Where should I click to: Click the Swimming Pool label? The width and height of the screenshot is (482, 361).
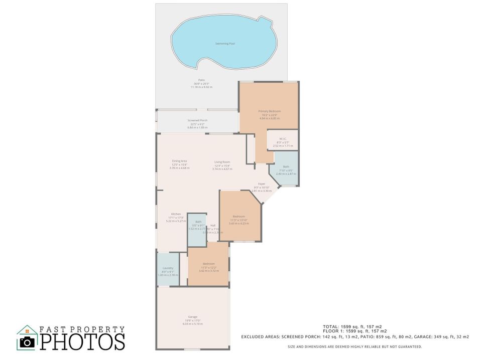click(225, 44)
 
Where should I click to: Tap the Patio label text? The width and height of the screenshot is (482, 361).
click(201, 80)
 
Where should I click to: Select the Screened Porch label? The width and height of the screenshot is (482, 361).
click(197, 120)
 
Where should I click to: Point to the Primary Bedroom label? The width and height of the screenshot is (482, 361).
click(269, 111)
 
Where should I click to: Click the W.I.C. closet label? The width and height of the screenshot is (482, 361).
click(283, 142)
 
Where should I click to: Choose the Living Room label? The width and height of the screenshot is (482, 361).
click(222, 162)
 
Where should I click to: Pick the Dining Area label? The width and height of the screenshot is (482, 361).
click(179, 161)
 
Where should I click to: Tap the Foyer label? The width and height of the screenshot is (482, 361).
click(262, 184)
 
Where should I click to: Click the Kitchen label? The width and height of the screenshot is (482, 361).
click(176, 214)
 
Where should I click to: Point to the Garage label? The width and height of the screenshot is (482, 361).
click(192, 317)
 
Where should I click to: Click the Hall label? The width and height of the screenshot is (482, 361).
click(213, 226)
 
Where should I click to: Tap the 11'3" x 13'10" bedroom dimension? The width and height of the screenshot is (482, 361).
click(238, 220)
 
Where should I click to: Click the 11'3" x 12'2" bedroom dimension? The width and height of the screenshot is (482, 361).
click(209, 267)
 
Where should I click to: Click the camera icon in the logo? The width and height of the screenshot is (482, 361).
click(28, 342)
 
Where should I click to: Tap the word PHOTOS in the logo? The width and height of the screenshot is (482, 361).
click(82, 342)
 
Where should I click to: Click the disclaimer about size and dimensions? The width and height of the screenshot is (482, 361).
click(354, 346)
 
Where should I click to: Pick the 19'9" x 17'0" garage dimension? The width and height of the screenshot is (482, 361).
click(192, 320)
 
